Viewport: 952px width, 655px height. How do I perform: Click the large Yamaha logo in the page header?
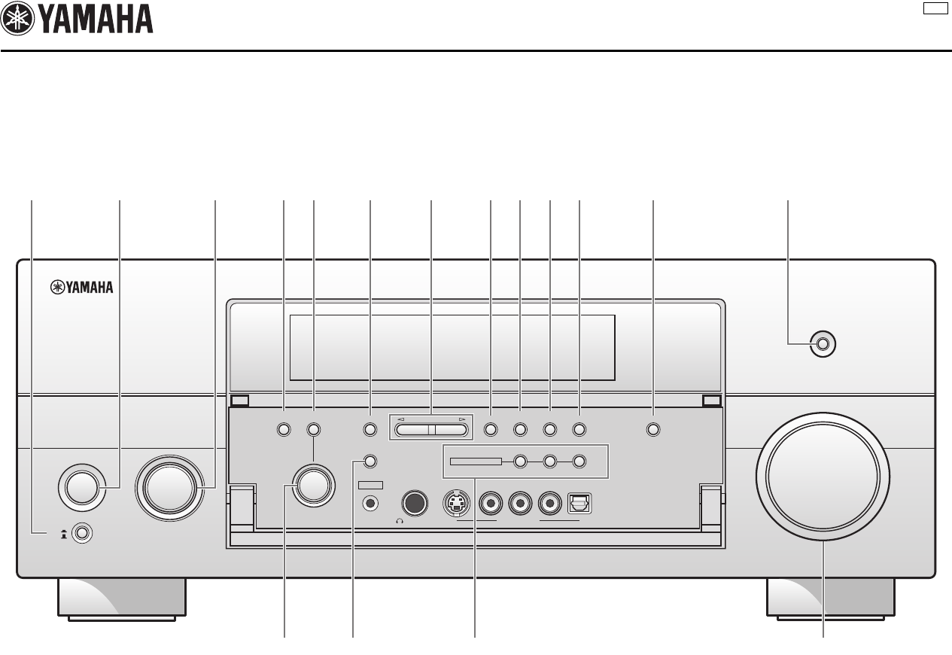78,20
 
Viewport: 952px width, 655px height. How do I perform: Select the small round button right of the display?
823,344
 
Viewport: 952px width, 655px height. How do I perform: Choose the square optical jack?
581,501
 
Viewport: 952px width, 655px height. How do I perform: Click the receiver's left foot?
120,598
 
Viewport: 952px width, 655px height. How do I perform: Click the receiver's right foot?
831,598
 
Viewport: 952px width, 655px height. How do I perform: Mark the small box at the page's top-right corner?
935,8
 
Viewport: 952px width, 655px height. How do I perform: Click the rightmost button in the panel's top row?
652,430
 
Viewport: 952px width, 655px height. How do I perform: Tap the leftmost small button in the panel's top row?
284,430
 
